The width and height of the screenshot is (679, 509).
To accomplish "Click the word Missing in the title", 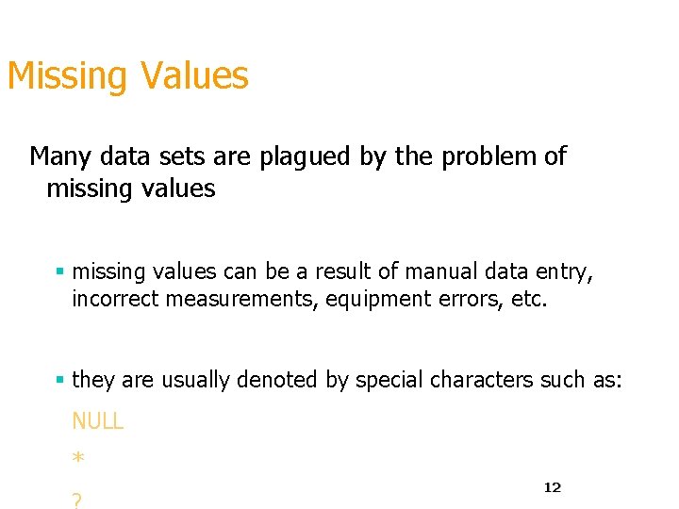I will click(x=65, y=76).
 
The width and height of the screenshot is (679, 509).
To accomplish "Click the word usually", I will click(x=196, y=380).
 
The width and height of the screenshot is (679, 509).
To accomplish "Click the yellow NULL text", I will click(x=97, y=421).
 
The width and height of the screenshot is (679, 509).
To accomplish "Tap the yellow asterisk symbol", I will click(x=78, y=460).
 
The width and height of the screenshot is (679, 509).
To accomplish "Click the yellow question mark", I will click(x=76, y=501).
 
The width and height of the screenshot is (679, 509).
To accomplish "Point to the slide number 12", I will click(x=552, y=487).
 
